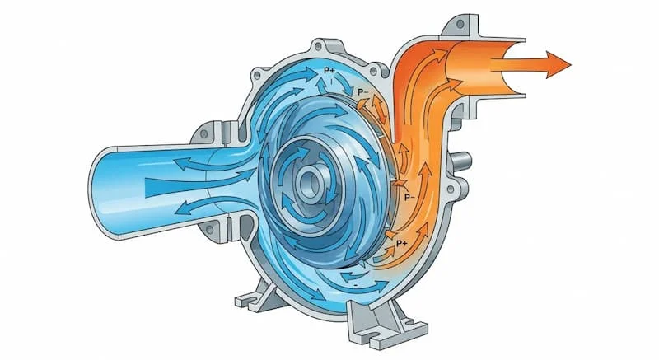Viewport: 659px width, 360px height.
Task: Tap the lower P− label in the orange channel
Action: pos(409,197)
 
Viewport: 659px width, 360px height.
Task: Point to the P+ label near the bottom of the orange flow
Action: pos(403,244)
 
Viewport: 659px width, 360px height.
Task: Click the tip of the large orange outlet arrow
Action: pos(568,63)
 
